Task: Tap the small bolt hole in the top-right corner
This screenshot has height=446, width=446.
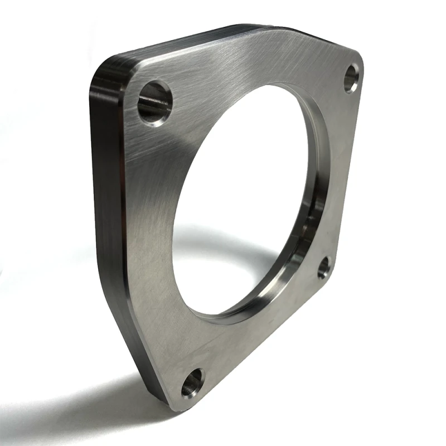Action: pyautogui.click(x=351, y=78)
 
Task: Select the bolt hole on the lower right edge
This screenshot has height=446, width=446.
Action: pyautogui.click(x=324, y=268)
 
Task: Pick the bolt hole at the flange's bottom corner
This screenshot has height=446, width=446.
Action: pyautogui.click(x=193, y=382)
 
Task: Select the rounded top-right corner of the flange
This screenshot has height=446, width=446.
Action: pyautogui.click(x=357, y=59)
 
